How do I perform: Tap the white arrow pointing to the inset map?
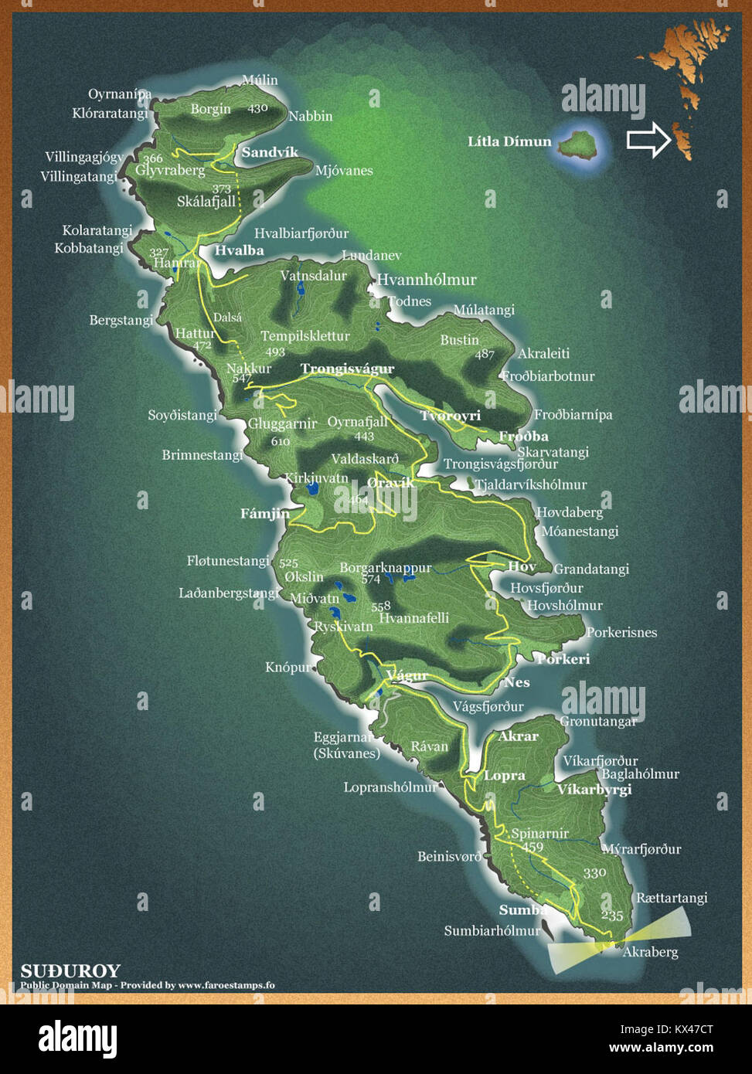pos(648,140)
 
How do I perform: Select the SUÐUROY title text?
pos(70,970)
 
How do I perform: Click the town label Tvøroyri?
pos(451,416)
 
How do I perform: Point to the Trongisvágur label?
pos(348,369)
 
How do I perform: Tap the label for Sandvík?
pos(270,152)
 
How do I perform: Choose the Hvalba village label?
pos(239,250)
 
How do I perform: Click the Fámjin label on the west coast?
pos(265,513)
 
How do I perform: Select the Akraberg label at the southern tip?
pos(650,951)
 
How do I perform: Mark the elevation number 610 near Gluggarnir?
pos(280,441)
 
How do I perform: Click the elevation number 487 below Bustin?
pos(485,354)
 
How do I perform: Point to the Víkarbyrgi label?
pos(594,789)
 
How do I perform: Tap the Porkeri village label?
pos(563,659)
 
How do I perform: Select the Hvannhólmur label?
pos(427,280)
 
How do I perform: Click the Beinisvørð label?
pos(449,856)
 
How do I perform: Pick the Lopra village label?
pos(505,775)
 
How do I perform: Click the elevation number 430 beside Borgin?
pos(257,108)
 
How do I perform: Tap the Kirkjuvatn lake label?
pos(317,478)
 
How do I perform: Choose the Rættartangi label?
pos(672,898)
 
